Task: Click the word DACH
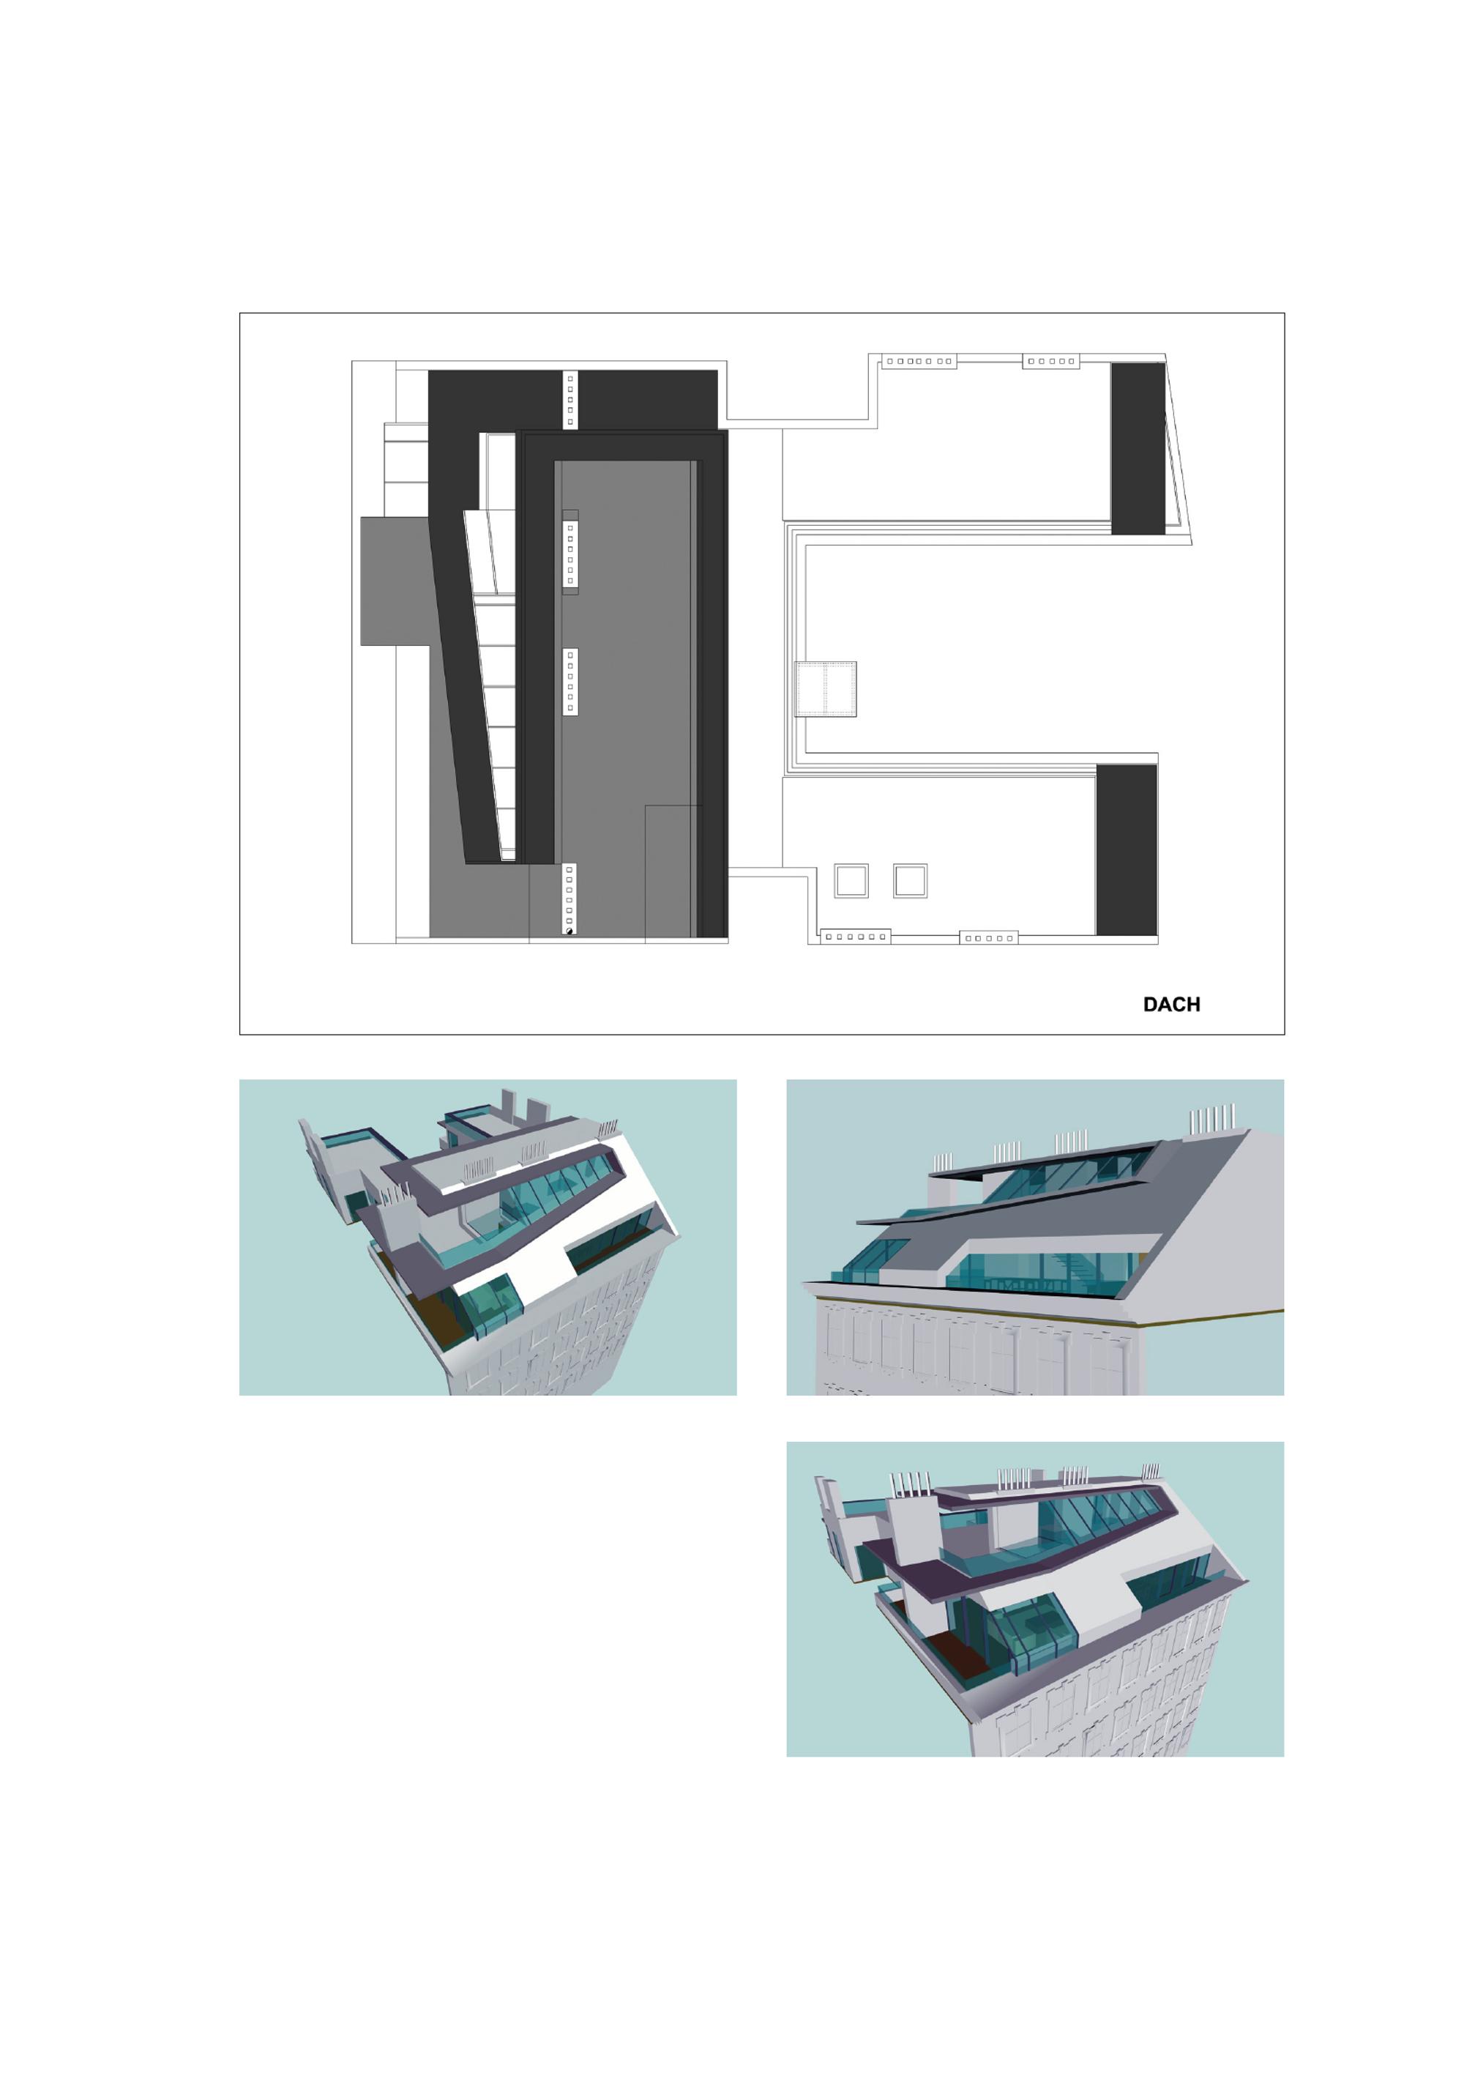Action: tap(1171, 1004)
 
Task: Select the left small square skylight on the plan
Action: tap(851, 880)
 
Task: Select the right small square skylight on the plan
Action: tap(909, 880)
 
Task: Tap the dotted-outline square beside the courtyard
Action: tap(825, 689)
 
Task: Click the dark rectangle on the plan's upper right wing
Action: tap(1138, 448)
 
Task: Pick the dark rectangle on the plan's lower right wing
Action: tap(1127, 849)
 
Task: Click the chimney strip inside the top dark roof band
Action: tap(570, 399)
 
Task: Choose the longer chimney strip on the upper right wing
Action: tap(919, 361)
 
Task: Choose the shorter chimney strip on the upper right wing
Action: tap(1051, 361)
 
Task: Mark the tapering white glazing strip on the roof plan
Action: tap(491, 685)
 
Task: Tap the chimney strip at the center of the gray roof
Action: tap(570, 682)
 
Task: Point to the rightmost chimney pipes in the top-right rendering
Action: tap(1213, 1119)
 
